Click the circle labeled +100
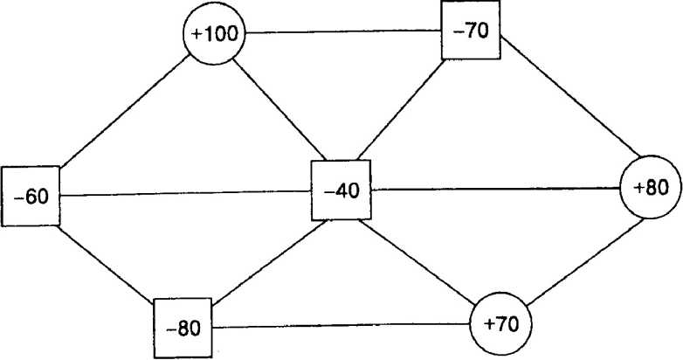[214, 34]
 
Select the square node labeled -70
[471, 30]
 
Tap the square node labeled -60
[31, 196]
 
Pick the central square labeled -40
[341, 190]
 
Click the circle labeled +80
[651, 188]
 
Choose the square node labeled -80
[183, 328]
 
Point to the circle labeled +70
[500, 323]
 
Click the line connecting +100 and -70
[343, 32]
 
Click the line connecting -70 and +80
[562, 102]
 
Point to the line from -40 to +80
[495, 188]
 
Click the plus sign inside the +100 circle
[197, 35]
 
